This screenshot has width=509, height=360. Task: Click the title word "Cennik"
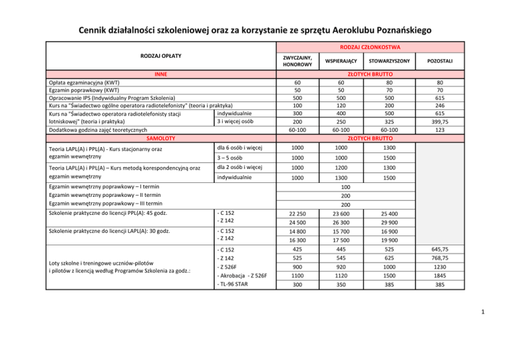pyautogui.click(x=97, y=29)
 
